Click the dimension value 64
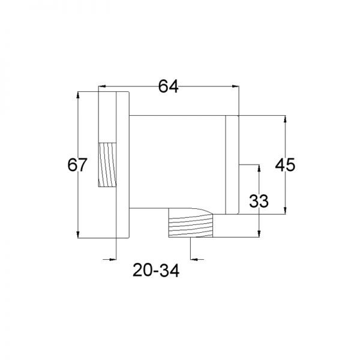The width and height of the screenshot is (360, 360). (x=168, y=86)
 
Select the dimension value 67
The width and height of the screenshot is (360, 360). (x=77, y=164)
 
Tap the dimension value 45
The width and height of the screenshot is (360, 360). (x=285, y=164)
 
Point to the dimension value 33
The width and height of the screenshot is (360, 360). (x=259, y=201)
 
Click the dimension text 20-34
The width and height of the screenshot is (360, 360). (x=156, y=270)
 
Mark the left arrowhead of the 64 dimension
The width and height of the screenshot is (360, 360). (x=102, y=86)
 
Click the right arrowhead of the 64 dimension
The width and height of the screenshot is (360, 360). (x=236, y=86)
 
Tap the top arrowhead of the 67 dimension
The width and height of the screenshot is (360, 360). (x=78, y=95)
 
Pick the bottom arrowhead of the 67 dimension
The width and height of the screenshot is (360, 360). (x=78, y=235)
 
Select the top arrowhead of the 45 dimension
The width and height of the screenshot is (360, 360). (x=285, y=119)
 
